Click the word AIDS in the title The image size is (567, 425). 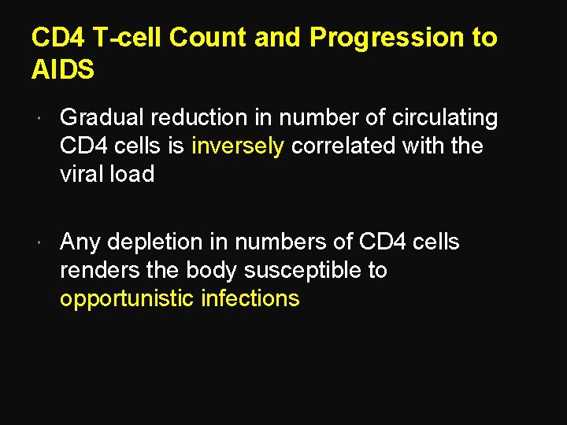[62, 69]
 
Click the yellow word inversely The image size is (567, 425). [237, 146]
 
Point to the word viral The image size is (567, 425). [81, 175]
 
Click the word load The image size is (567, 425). [131, 175]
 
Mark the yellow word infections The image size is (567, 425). [250, 298]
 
